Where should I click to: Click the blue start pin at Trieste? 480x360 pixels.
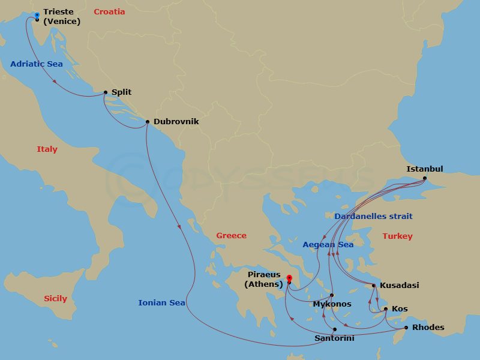(37, 15)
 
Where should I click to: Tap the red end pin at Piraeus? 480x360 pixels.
(289, 278)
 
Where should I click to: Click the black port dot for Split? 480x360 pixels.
(106, 92)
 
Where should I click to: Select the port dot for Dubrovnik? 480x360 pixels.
(148, 122)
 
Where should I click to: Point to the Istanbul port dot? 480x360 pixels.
(425, 178)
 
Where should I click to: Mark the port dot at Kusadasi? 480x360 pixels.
(374, 286)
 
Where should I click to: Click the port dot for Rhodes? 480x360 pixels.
(406, 328)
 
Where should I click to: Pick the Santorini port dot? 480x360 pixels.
(335, 329)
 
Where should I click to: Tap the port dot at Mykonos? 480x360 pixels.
(332, 295)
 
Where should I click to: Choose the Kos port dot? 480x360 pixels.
(386, 309)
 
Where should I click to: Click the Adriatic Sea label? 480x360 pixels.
(37, 64)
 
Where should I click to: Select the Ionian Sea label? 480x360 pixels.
(161, 303)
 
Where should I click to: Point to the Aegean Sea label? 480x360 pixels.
(328, 244)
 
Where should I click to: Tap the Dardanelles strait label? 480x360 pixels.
(373, 216)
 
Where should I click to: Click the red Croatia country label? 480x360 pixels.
(109, 11)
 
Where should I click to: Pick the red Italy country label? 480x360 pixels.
(47, 149)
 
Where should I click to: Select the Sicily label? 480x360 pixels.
(55, 298)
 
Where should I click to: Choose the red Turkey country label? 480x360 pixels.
(397, 236)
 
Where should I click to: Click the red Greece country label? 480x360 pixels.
(231, 236)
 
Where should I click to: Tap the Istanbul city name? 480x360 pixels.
(424, 169)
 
